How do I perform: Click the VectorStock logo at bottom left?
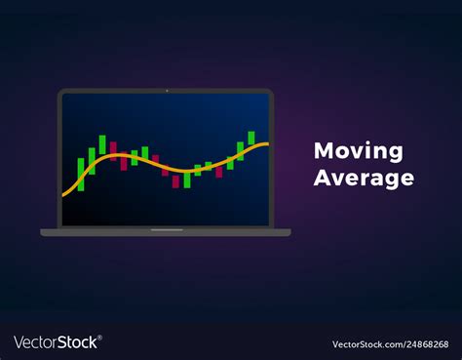tap(57, 342)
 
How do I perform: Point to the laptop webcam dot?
tap(166, 92)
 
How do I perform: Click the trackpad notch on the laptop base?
tap(166, 230)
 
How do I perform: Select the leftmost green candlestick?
tap(81, 173)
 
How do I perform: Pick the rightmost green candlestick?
tap(250, 139)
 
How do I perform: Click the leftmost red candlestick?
tap(112, 152)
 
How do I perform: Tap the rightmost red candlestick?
tap(219, 172)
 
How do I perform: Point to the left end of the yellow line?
tap(63, 195)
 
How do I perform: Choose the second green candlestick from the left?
tap(92, 158)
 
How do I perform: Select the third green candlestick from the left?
tap(101, 145)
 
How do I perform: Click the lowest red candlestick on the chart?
tap(176, 182)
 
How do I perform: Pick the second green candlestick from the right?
tap(240, 149)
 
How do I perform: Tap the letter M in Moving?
tap(322, 151)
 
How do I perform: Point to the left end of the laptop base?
tap(43, 232)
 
